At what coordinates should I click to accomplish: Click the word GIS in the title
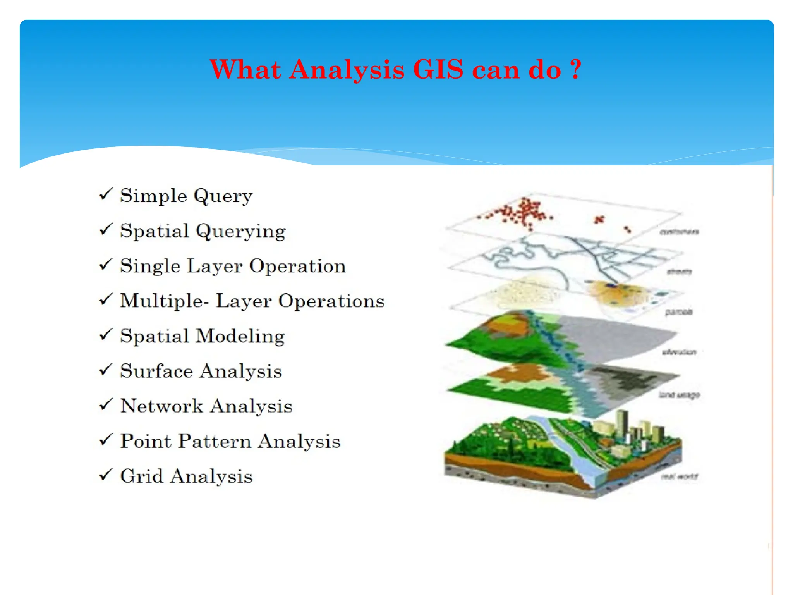click(x=438, y=70)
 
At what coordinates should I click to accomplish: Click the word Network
click(x=161, y=406)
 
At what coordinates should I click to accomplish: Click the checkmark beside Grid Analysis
click(x=105, y=475)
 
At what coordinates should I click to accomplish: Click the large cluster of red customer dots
click(x=523, y=212)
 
